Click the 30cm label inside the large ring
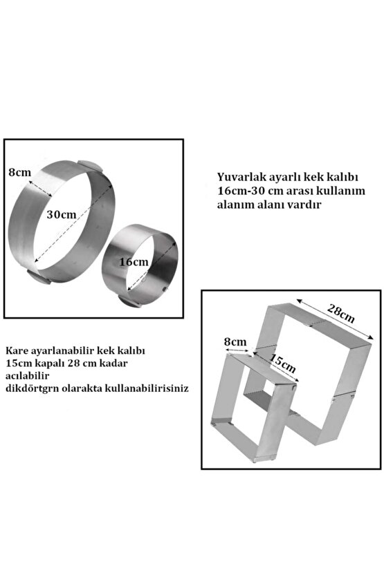click(x=61, y=214)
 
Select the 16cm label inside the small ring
click(x=134, y=262)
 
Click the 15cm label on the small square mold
click(x=283, y=361)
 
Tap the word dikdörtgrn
click(x=32, y=388)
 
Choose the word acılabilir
click(x=27, y=375)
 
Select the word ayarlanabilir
click(x=63, y=350)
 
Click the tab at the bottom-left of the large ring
click(x=39, y=277)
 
